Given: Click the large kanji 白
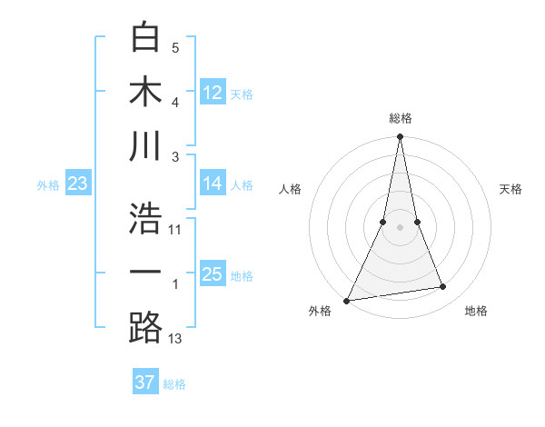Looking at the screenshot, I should click(x=145, y=37).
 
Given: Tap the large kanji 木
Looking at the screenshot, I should click(x=145, y=91).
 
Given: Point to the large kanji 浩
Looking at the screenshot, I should click(x=145, y=218).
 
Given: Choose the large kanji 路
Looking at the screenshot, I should click(x=145, y=327).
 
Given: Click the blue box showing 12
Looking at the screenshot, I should click(x=213, y=92).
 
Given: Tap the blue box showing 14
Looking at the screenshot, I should click(x=213, y=184).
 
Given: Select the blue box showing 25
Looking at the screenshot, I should click(x=213, y=274).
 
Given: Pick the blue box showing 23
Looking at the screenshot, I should click(x=78, y=184).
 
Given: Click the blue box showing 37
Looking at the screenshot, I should click(x=145, y=382).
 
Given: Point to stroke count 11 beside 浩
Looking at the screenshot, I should click(x=175, y=230).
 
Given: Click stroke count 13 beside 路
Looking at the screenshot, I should click(x=175, y=339).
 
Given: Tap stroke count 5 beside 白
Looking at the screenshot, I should click(x=175, y=48).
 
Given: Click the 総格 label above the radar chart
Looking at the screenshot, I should click(x=400, y=118).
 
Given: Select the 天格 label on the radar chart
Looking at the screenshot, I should click(x=511, y=189).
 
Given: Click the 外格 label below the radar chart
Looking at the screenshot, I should click(x=320, y=312).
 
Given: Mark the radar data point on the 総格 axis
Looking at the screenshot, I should click(x=400, y=137).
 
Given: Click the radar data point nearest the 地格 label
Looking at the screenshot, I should click(x=443, y=287).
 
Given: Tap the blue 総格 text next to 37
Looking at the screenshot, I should click(x=174, y=384).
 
